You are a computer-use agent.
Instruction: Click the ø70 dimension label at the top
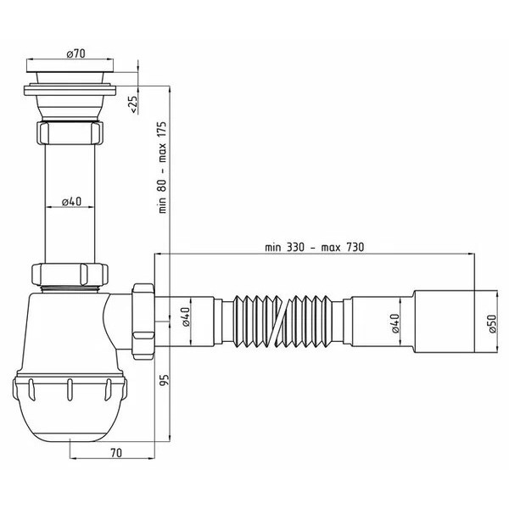tap(76, 53)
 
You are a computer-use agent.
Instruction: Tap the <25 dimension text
tap(133, 103)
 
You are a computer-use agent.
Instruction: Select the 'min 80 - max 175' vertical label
tap(162, 167)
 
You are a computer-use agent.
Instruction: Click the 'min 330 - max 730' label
tap(314, 248)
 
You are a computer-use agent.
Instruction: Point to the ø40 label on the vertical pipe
tap(72, 202)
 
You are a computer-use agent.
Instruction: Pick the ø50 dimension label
tap(492, 323)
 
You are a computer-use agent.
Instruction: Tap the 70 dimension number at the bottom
tap(116, 452)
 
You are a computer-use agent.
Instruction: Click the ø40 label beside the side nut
tap(185, 316)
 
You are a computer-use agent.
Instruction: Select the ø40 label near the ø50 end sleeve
tap(395, 323)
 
